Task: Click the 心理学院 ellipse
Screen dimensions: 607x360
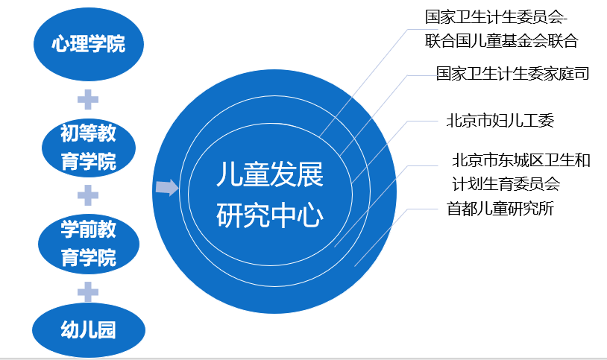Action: tap(89, 44)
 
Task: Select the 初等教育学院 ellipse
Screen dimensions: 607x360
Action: tap(89, 148)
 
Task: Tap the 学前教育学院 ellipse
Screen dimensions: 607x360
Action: tap(89, 244)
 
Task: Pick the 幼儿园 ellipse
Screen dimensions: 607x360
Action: tap(89, 329)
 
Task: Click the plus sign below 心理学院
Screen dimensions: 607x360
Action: tap(88, 99)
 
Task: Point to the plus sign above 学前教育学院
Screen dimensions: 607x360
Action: tap(88, 195)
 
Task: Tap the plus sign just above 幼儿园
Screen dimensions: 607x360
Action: tap(88, 291)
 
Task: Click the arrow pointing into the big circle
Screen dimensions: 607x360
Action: tap(167, 188)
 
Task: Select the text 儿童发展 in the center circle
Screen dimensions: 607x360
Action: tap(270, 174)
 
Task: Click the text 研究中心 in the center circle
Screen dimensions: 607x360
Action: tap(270, 215)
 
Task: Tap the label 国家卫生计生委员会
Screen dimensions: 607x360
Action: tap(494, 17)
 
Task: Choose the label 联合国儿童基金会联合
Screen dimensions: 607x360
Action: tap(501, 41)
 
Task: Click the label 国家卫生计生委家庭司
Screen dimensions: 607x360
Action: tap(512, 73)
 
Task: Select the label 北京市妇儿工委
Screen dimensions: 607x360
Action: tap(500, 121)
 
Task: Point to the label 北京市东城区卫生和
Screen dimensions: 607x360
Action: tap(521, 160)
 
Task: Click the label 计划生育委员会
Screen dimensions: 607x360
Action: tap(506, 183)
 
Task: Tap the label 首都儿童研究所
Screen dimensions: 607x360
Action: tap(500, 208)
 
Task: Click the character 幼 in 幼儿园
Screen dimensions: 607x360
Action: tap(69, 329)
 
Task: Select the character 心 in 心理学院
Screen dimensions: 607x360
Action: tap(61, 44)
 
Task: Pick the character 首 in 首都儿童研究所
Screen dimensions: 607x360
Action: tap(454, 208)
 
